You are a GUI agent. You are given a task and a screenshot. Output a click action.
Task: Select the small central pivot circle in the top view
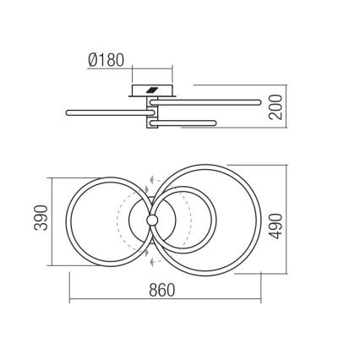pos(151,220)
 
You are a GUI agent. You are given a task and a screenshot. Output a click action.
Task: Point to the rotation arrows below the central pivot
pos(151,258)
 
